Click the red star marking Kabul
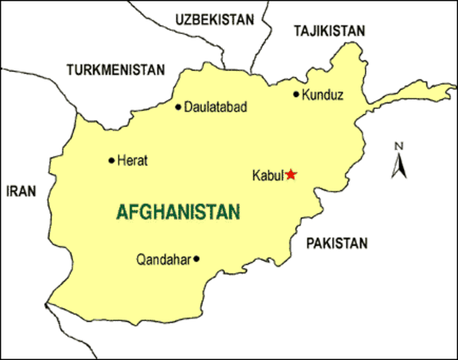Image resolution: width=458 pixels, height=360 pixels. coord(291,175)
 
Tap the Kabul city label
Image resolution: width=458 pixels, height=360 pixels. coord(266,175)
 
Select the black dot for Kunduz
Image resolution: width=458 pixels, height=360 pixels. coord(296,94)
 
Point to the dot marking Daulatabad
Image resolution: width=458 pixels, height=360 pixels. coord(178,106)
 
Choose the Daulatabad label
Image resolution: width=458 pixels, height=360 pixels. coord(215,106)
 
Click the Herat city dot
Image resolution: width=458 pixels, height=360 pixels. coord(112,160)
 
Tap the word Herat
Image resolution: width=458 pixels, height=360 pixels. coord(133,160)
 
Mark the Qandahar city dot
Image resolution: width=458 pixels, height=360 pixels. coord(196,259)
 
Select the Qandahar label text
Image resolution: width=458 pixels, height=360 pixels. coord(163,259)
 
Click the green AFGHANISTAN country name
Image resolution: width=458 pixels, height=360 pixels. coord(178,212)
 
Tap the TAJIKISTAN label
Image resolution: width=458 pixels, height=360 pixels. coord(329,31)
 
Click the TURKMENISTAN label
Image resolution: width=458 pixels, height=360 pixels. coord(115,70)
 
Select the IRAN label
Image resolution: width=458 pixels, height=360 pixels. coord(21,191)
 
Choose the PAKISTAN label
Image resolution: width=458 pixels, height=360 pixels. coord(337,242)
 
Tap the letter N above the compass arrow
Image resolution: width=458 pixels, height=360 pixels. coord(400,146)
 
